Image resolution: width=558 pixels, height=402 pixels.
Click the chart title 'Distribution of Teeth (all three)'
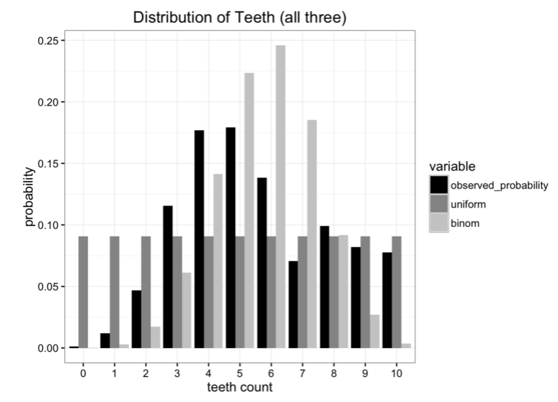234,16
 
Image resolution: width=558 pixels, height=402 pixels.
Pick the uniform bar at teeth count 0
84,292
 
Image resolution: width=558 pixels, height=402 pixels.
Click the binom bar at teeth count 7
312,234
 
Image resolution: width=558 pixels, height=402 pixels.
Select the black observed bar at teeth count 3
168,276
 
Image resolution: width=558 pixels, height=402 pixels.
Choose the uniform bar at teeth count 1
115,292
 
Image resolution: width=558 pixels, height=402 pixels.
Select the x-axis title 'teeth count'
240,387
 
